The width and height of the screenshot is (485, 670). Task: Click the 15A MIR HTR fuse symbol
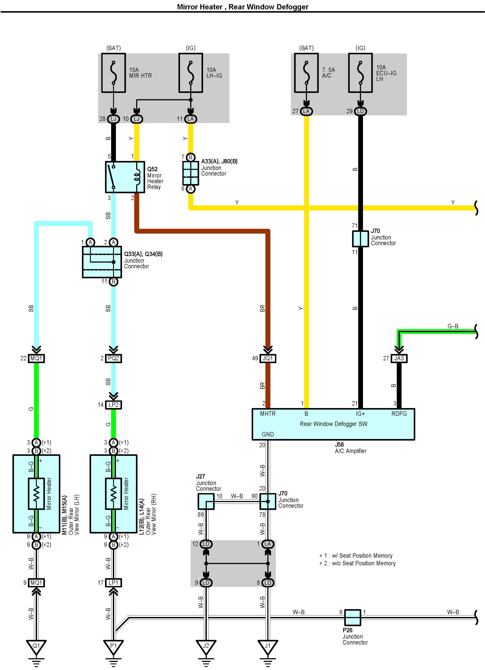click(x=114, y=73)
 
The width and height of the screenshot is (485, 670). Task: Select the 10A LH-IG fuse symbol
click(x=191, y=73)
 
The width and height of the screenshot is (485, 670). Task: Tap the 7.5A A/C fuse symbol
click(x=306, y=73)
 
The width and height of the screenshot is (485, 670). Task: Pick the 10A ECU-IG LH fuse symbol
click(x=360, y=73)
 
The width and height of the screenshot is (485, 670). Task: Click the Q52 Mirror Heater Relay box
click(x=125, y=177)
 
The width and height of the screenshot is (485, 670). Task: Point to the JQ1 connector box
click(x=268, y=358)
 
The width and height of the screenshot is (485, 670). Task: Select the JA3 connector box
click(x=399, y=358)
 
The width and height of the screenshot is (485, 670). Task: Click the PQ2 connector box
click(x=113, y=358)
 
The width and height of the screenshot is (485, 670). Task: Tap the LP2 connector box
click(x=113, y=405)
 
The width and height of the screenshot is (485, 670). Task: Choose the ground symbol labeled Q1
click(x=36, y=646)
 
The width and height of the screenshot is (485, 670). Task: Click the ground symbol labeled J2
click(x=206, y=646)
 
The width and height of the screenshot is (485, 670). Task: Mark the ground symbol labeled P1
click(x=113, y=646)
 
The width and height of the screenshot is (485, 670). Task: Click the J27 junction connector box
click(x=206, y=502)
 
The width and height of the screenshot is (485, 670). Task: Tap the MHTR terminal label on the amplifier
click(x=267, y=414)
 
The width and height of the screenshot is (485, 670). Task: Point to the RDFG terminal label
click(x=399, y=414)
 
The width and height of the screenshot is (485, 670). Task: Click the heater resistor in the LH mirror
click(x=36, y=494)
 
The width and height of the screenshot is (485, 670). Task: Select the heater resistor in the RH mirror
click(x=113, y=494)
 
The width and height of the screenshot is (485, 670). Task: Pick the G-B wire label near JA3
click(x=453, y=326)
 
